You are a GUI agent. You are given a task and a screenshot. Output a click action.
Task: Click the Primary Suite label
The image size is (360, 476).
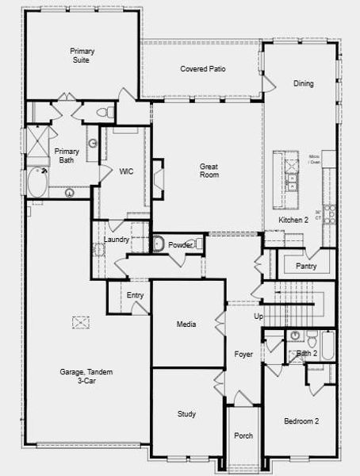[82, 55]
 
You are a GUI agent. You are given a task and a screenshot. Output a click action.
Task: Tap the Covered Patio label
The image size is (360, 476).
[203, 69]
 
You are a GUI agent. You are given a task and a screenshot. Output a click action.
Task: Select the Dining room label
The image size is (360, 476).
[303, 83]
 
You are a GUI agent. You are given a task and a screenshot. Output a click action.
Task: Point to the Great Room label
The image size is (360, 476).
[209, 171]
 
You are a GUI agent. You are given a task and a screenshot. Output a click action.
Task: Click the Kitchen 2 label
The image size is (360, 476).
[293, 219]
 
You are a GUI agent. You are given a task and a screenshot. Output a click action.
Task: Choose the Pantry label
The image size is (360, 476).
[306, 266]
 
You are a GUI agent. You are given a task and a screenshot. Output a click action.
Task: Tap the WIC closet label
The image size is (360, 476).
[125, 171]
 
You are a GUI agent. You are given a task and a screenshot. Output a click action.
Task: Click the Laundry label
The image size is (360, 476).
[117, 240]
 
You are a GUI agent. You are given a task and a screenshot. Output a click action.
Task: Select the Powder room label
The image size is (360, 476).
[180, 246]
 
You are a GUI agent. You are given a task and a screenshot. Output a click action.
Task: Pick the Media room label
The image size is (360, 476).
[187, 324]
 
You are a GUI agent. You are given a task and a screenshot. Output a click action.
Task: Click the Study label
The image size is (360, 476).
[187, 414]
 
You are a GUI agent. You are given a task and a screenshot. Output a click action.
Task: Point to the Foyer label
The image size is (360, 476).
[243, 354]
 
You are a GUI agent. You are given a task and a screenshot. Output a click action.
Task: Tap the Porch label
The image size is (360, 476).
[243, 436]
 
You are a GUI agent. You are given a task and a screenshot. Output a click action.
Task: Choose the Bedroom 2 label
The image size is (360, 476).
[301, 420]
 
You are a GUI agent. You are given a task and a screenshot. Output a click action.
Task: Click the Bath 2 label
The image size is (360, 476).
[306, 353]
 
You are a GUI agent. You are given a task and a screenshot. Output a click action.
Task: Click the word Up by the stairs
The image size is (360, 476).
[258, 317]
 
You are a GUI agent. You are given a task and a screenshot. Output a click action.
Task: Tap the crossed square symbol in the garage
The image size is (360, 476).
[80, 321]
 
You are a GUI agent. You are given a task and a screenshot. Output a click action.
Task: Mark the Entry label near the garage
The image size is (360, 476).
[136, 295]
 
